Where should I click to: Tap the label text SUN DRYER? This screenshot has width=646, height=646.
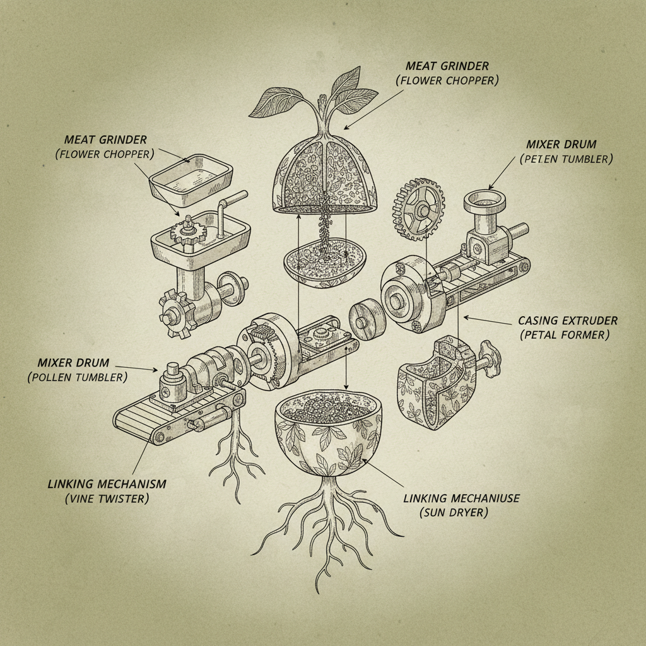coord(454,513)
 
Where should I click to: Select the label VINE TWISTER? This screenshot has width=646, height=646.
coord(107,498)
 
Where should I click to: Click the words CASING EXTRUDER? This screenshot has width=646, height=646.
coord(568,320)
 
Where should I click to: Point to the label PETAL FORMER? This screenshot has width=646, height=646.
coord(565,335)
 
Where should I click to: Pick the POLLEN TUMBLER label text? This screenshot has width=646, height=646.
coord(78,377)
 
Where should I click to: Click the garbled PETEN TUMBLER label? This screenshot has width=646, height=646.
coord(567,159)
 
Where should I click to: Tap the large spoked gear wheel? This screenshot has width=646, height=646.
coord(420,209)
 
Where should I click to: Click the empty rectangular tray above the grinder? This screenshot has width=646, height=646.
coord(191,180)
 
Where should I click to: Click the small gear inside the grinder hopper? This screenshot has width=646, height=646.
coord(188,232)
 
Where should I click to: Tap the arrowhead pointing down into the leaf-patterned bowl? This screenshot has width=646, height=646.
coord(346,387)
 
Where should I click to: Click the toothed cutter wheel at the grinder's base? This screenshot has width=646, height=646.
coord(177,314)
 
